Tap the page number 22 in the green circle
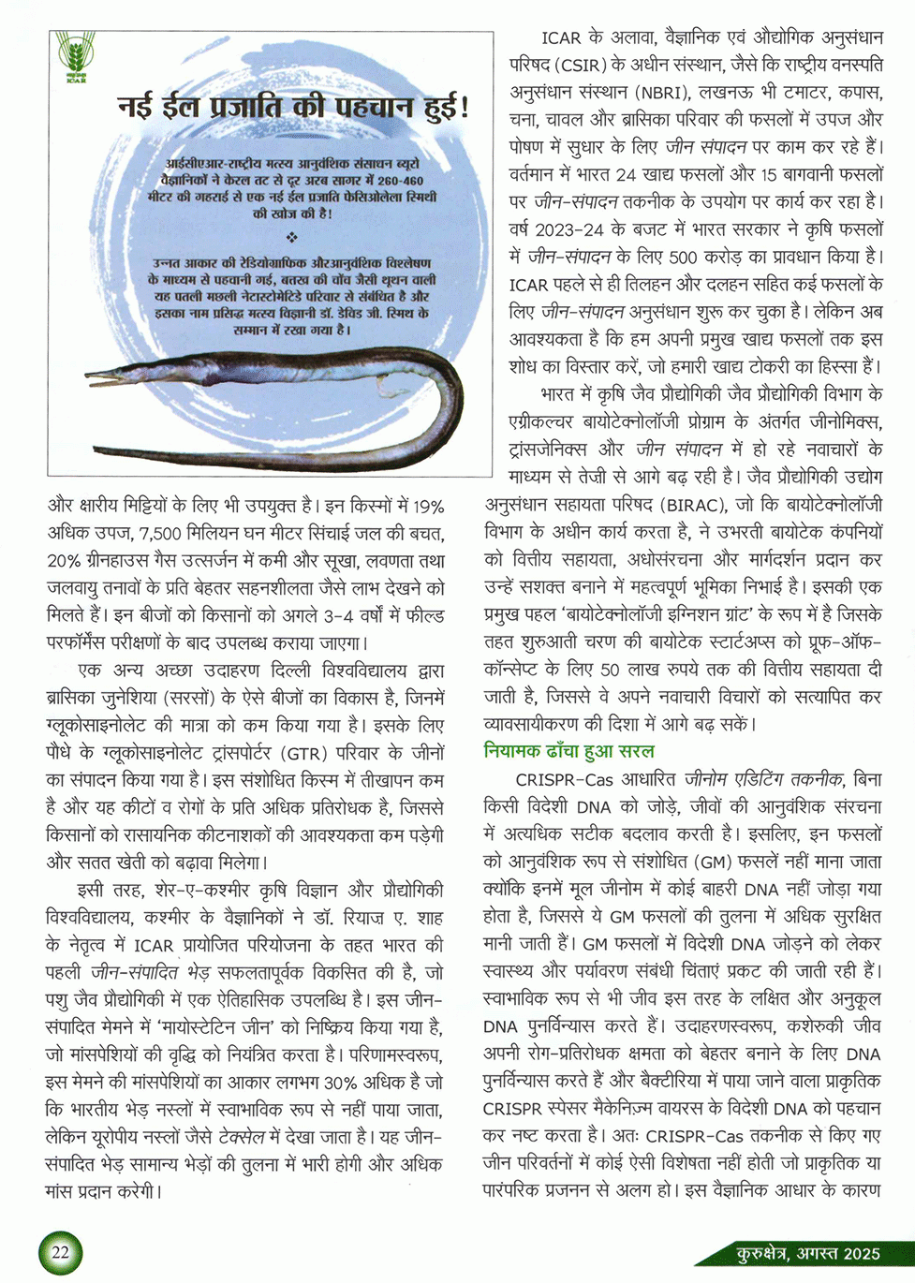pyautogui.click(x=60, y=1253)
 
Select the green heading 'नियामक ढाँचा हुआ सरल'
pyautogui.click(x=568, y=751)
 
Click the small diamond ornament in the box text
pyautogui.click(x=292, y=236)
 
